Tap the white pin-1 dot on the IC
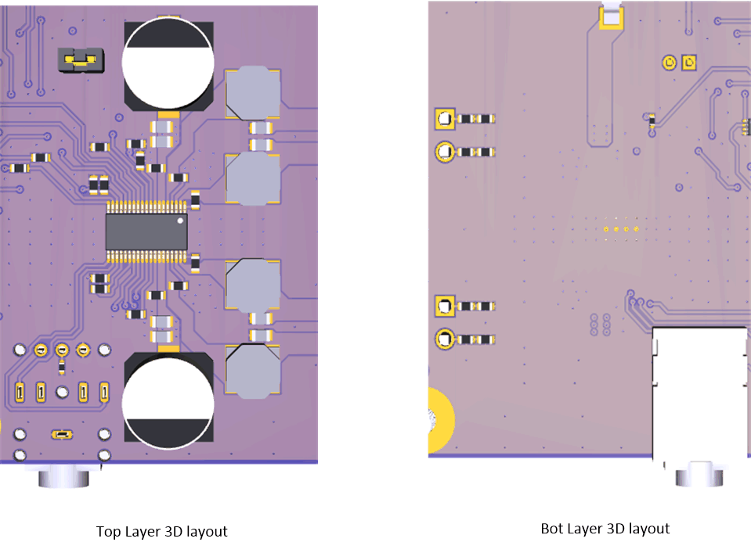tap(179, 221)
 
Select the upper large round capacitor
tap(169, 64)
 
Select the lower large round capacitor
tap(168, 400)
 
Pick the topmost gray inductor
tap(253, 92)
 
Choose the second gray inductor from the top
tap(253, 179)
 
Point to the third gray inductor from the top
tap(253, 286)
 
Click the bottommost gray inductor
tap(252, 370)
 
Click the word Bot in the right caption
tap(551, 529)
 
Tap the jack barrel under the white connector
tap(699, 475)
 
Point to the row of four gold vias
tap(620, 229)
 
